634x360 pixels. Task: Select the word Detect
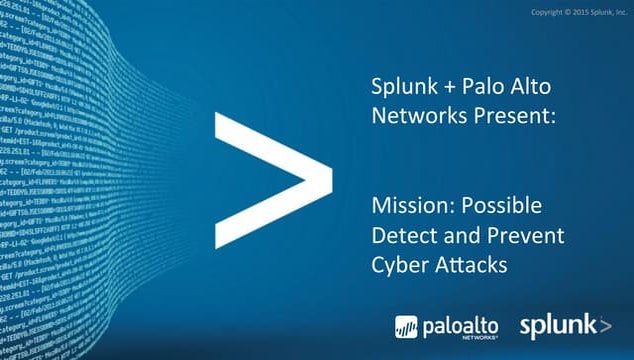click(x=402, y=236)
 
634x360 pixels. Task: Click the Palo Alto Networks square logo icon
click(x=407, y=327)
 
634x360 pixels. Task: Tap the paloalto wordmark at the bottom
click(x=461, y=325)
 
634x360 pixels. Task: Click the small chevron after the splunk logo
click(x=605, y=325)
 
